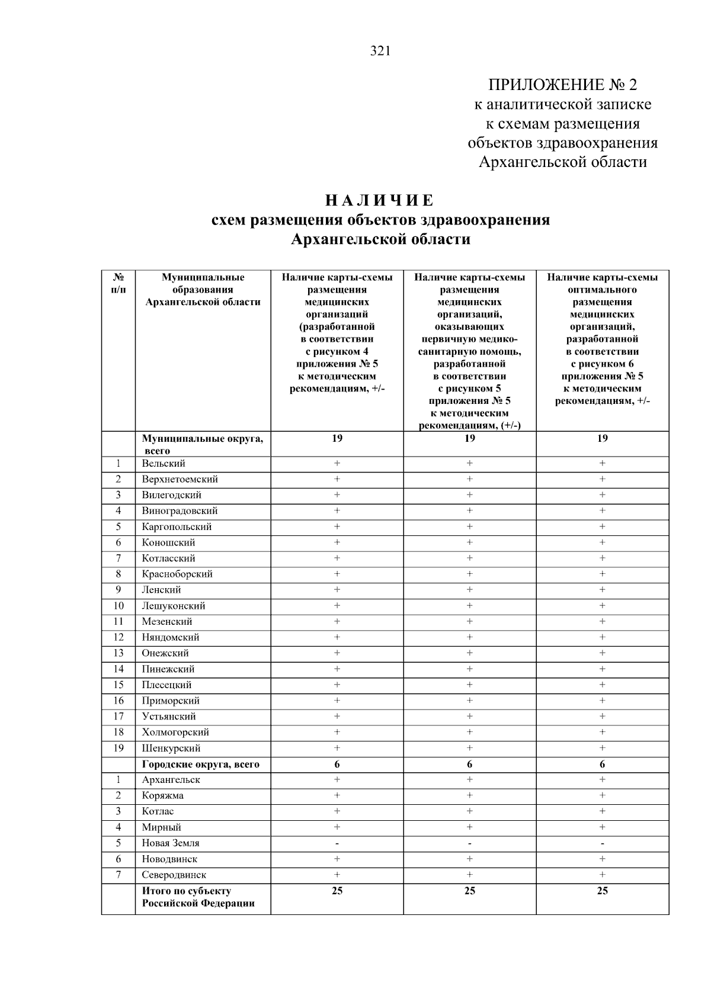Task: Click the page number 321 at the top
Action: (380, 51)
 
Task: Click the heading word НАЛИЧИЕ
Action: (380, 200)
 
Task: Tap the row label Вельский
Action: (164, 464)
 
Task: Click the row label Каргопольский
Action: (177, 527)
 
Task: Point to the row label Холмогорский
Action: (175, 733)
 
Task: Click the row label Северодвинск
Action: (174, 875)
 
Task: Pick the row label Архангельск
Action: (171, 780)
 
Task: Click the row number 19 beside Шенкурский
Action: (118, 749)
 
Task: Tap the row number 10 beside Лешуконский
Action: (118, 606)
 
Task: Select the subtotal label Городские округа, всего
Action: (200, 765)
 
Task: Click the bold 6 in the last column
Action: (603, 765)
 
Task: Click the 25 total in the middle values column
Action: (470, 891)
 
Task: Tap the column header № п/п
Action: (118, 283)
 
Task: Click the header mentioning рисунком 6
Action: (603, 339)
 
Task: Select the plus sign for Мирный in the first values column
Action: (337, 827)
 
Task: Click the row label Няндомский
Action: (171, 638)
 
